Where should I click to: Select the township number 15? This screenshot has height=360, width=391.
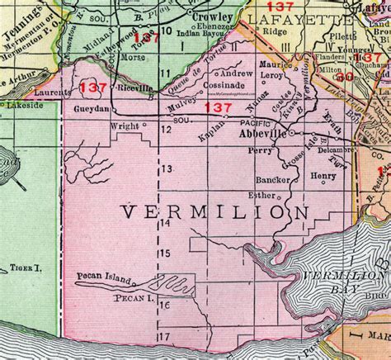pos(165,252)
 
